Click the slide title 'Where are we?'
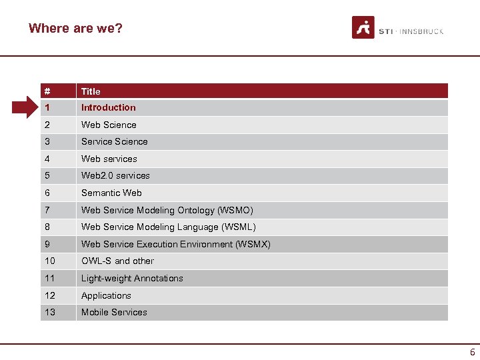(x=75, y=28)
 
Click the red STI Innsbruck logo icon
(x=363, y=27)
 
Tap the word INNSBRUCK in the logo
(x=421, y=31)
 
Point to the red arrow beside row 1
(x=27, y=107)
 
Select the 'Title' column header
(x=91, y=91)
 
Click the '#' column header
(x=47, y=91)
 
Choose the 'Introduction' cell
(x=108, y=107)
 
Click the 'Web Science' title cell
(x=109, y=125)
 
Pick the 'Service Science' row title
(x=114, y=141)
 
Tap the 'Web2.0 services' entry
(x=115, y=175)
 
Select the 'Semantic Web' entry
(x=111, y=193)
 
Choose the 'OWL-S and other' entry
(x=117, y=261)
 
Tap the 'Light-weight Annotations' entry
(x=132, y=278)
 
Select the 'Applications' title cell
(x=106, y=295)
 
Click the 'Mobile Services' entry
(x=114, y=312)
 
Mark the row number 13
(x=50, y=312)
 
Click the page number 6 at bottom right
(x=472, y=352)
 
